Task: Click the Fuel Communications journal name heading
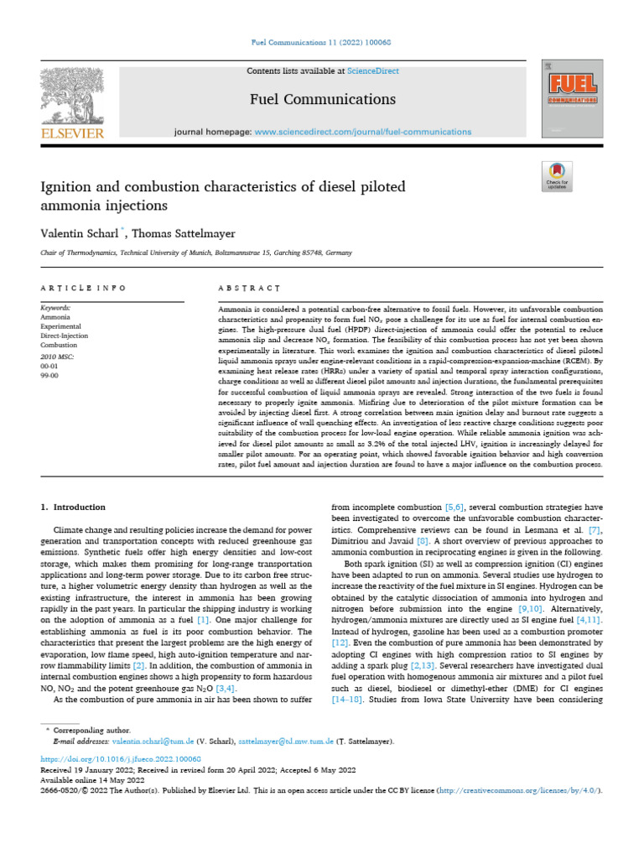pyautogui.click(x=322, y=100)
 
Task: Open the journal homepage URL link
pyautogui.click(x=362, y=133)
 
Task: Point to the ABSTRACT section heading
pyautogui.click(x=248, y=289)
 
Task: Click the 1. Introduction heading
pyautogui.click(x=74, y=508)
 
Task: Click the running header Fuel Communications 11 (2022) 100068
pyautogui.click(x=322, y=41)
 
